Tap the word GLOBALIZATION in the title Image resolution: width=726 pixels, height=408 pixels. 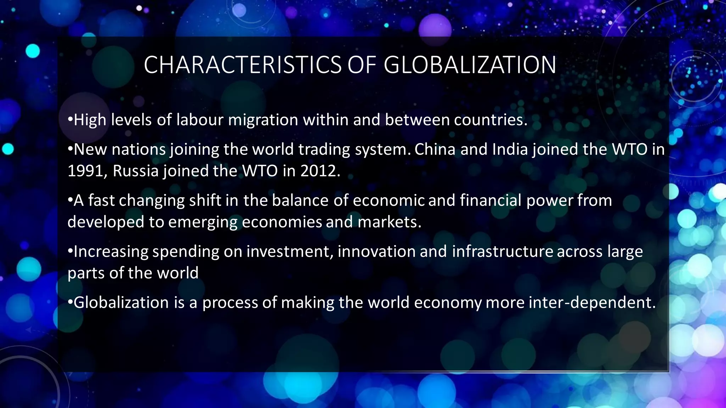pyautogui.click(x=470, y=65)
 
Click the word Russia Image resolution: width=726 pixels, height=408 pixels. pyautogui.click(x=135, y=171)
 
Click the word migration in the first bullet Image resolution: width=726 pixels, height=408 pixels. pyautogui.click(x=263, y=120)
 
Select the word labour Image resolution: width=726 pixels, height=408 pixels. pyautogui.click(x=200, y=120)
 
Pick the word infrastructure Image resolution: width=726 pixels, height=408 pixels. pyautogui.click(x=502, y=251)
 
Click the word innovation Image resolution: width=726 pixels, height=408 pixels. pyautogui.click(x=376, y=251)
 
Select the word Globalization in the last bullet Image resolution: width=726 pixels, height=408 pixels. pyautogui.click(x=121, y=303)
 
